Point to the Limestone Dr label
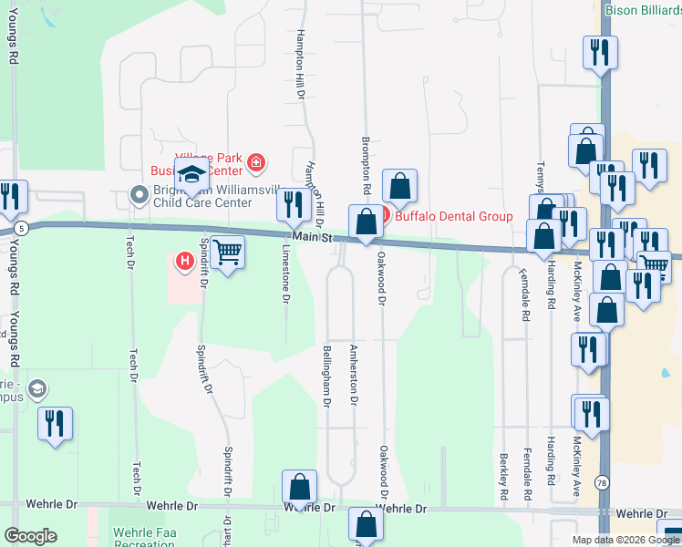coord(285,273)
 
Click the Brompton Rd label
coord(365,165)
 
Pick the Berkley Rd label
coord(502,476)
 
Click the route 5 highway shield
coord(20,226)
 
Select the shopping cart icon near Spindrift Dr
coord(227,252)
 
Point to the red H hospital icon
coord(185,262)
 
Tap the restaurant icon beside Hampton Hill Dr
coord(294,204)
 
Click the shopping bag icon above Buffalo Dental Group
coord(399,186)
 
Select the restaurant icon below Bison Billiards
coord(600,52)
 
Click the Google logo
coord(30,536)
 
